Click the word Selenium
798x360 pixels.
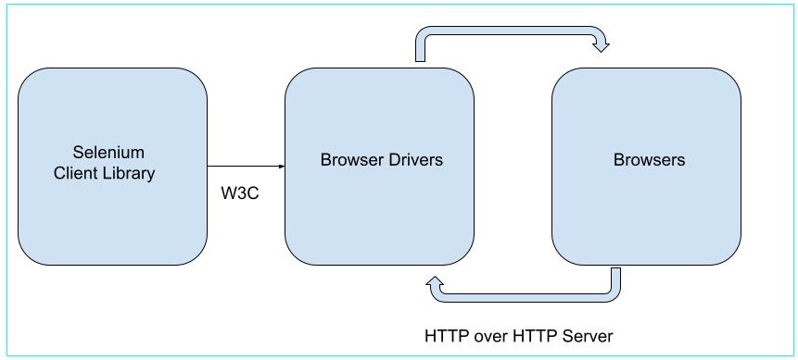(110, 152)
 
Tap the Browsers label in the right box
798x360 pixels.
(649, 160)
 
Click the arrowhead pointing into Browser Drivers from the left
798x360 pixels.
(280, 167)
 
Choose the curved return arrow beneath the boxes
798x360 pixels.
(528, 295)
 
